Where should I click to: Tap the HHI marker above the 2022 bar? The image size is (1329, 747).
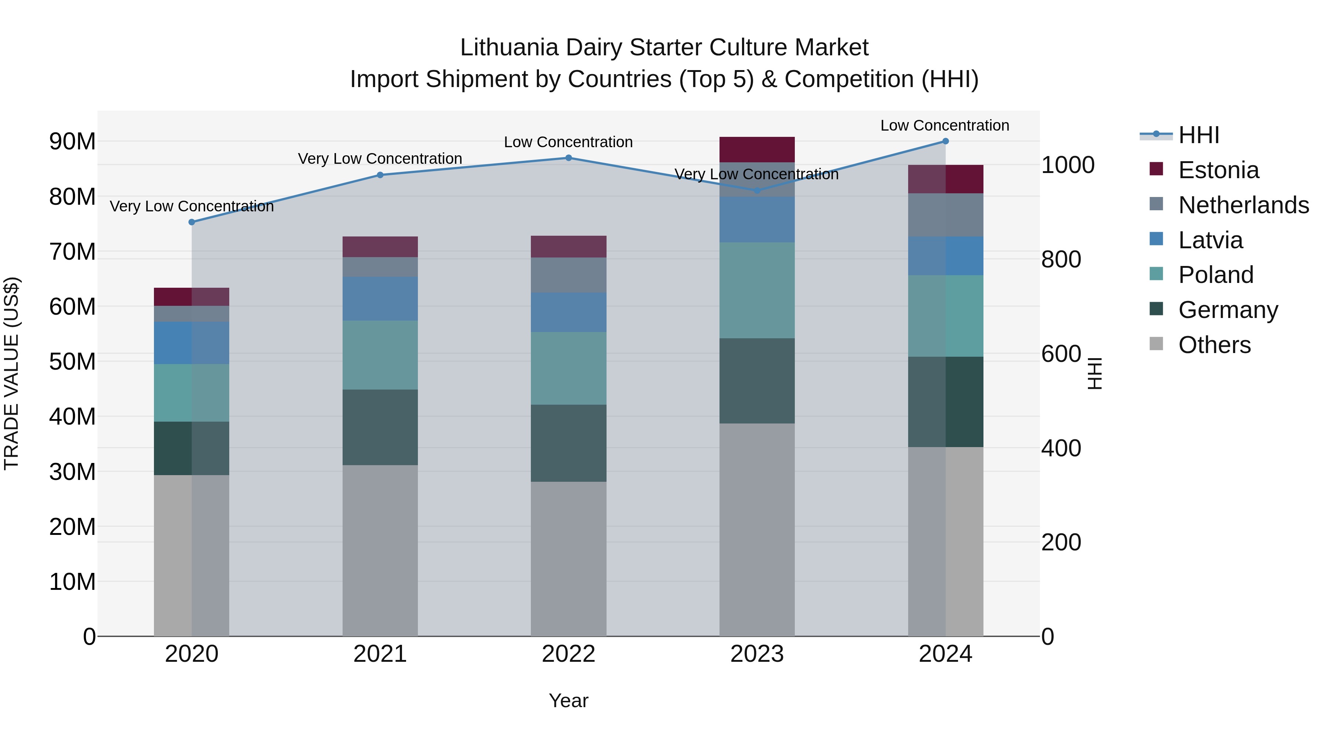[569, 158]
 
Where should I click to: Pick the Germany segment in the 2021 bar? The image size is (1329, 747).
[380, 428]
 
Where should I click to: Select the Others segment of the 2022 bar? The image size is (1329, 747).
[569, 559]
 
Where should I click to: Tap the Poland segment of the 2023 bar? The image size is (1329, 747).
[757, 290]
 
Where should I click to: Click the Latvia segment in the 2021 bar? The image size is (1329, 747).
[380, 299]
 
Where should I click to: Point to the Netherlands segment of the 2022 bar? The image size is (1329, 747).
[569, 275]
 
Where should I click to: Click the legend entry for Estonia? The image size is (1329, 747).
[1218, 170]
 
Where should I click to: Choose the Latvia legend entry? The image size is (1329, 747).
[1210, 240]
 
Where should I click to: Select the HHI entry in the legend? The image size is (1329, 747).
[1198, 135]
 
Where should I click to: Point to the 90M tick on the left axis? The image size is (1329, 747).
[72, 141]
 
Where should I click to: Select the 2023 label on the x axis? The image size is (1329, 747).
[757, 654]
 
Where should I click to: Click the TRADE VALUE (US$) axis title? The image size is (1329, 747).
[11, 373]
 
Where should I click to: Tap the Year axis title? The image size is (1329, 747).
[569, 701]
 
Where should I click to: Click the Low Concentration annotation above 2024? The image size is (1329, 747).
[945, 125]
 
